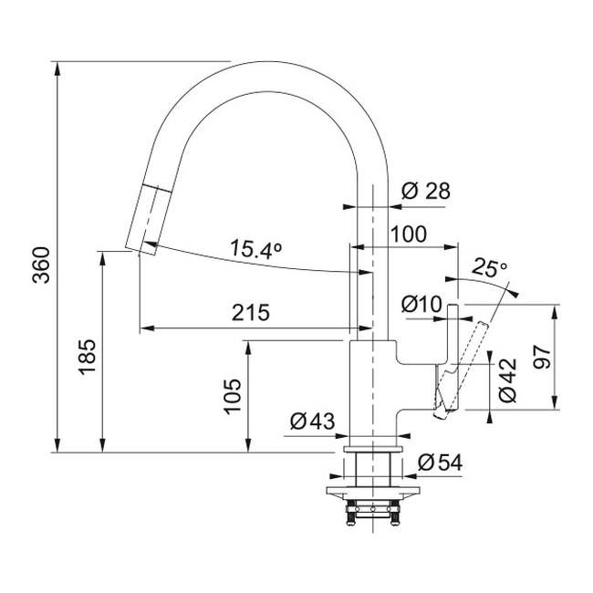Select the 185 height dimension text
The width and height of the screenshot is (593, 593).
point(87,359)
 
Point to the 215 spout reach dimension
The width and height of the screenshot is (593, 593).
point(250,313)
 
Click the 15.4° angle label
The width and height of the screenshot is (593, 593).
point(255,249)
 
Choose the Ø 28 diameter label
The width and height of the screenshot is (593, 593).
point(426,191)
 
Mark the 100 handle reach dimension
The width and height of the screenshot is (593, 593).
point(408,234)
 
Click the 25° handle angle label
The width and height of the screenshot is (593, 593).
point(490,268)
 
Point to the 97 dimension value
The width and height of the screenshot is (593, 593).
point(541,355)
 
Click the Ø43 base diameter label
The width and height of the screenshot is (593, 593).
point(313,421)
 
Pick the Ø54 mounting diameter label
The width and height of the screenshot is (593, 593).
point(440,463)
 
